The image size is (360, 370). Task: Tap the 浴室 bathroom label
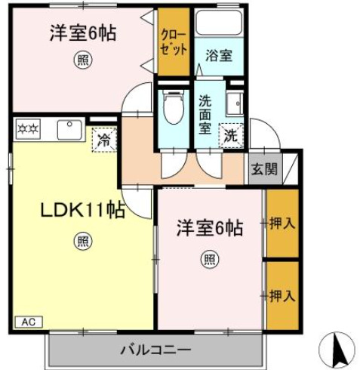[218, 55]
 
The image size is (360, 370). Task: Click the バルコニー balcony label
[155, 350]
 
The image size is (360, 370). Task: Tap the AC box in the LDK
[27, 322]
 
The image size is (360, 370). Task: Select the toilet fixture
[174, 109]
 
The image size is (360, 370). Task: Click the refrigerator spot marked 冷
[104, 139]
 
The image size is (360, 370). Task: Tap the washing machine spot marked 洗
[231, 137]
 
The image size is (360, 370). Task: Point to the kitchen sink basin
[70, 130]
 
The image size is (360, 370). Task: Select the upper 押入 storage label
[282, 224]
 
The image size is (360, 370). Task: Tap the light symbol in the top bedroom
[80, 61]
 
